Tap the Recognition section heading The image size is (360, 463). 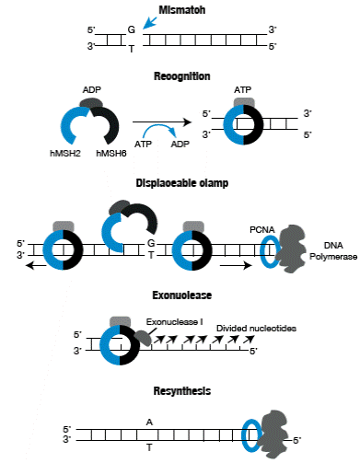point(181,75)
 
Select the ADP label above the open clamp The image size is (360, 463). point(93,90)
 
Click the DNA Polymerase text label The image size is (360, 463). point(338,251)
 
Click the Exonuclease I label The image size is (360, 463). point(172,321)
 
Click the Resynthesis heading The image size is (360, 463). point(181,391)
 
